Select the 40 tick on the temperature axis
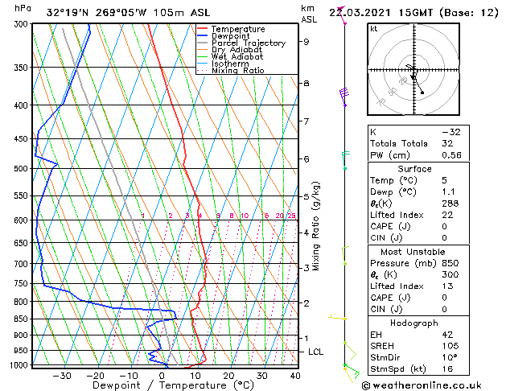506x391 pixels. tap(295, 375)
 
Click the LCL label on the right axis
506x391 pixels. tap(316, 352)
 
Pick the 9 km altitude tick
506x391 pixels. tap(306, 42)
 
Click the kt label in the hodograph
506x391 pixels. tap(373, 28)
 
